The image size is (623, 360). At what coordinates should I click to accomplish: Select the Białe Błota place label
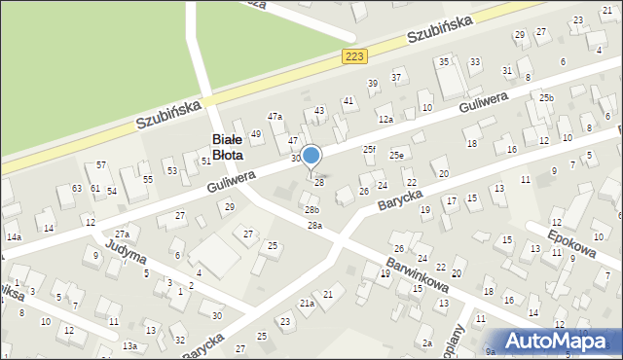pos(229,147)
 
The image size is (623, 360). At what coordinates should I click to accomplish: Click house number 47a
pos(275,117)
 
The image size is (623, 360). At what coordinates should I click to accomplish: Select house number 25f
pos(369,149)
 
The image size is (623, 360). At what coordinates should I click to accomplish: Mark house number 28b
pos(311,209)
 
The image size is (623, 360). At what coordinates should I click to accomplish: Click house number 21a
pos(308,304)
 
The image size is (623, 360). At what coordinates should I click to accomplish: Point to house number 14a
pos(14,236)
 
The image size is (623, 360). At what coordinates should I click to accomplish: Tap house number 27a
pos(122,234)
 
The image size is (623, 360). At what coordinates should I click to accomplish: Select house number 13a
pos(129,346)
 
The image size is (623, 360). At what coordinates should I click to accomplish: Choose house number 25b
pos(546,98)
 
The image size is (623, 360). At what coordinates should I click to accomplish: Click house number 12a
pos(386,119)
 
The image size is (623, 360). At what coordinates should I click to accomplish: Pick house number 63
pos(77,188)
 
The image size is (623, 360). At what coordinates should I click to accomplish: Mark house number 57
pos(101,164)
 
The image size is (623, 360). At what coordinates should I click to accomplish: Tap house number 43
pos(319,111)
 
